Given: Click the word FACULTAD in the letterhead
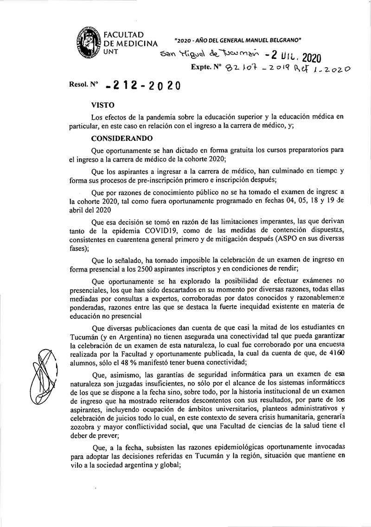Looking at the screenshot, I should (x=124, y=34).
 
